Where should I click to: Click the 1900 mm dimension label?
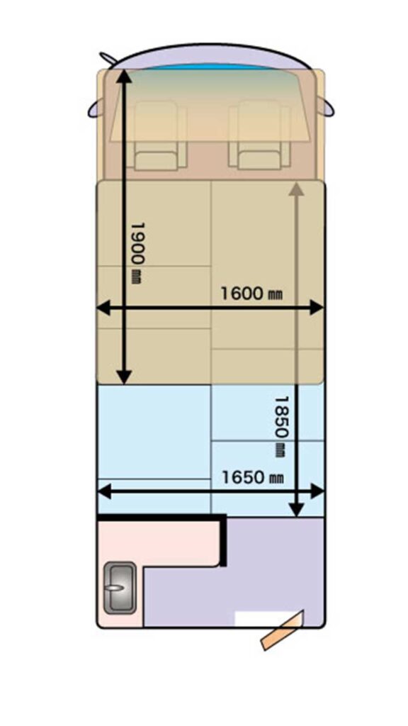(138, 253)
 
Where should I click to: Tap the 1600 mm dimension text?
(251, 293)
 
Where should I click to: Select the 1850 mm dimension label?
(280, 426)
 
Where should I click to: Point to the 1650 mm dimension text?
(253, 477)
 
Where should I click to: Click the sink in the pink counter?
(120, 588)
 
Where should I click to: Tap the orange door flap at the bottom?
(282, 630)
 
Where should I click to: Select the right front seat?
(259, 137)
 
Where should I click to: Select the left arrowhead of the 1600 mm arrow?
(103, 308)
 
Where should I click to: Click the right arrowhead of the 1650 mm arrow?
(317, 491)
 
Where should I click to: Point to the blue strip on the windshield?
(209, 67)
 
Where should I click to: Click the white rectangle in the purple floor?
(265, 619)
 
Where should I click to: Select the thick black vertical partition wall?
(224, 540)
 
